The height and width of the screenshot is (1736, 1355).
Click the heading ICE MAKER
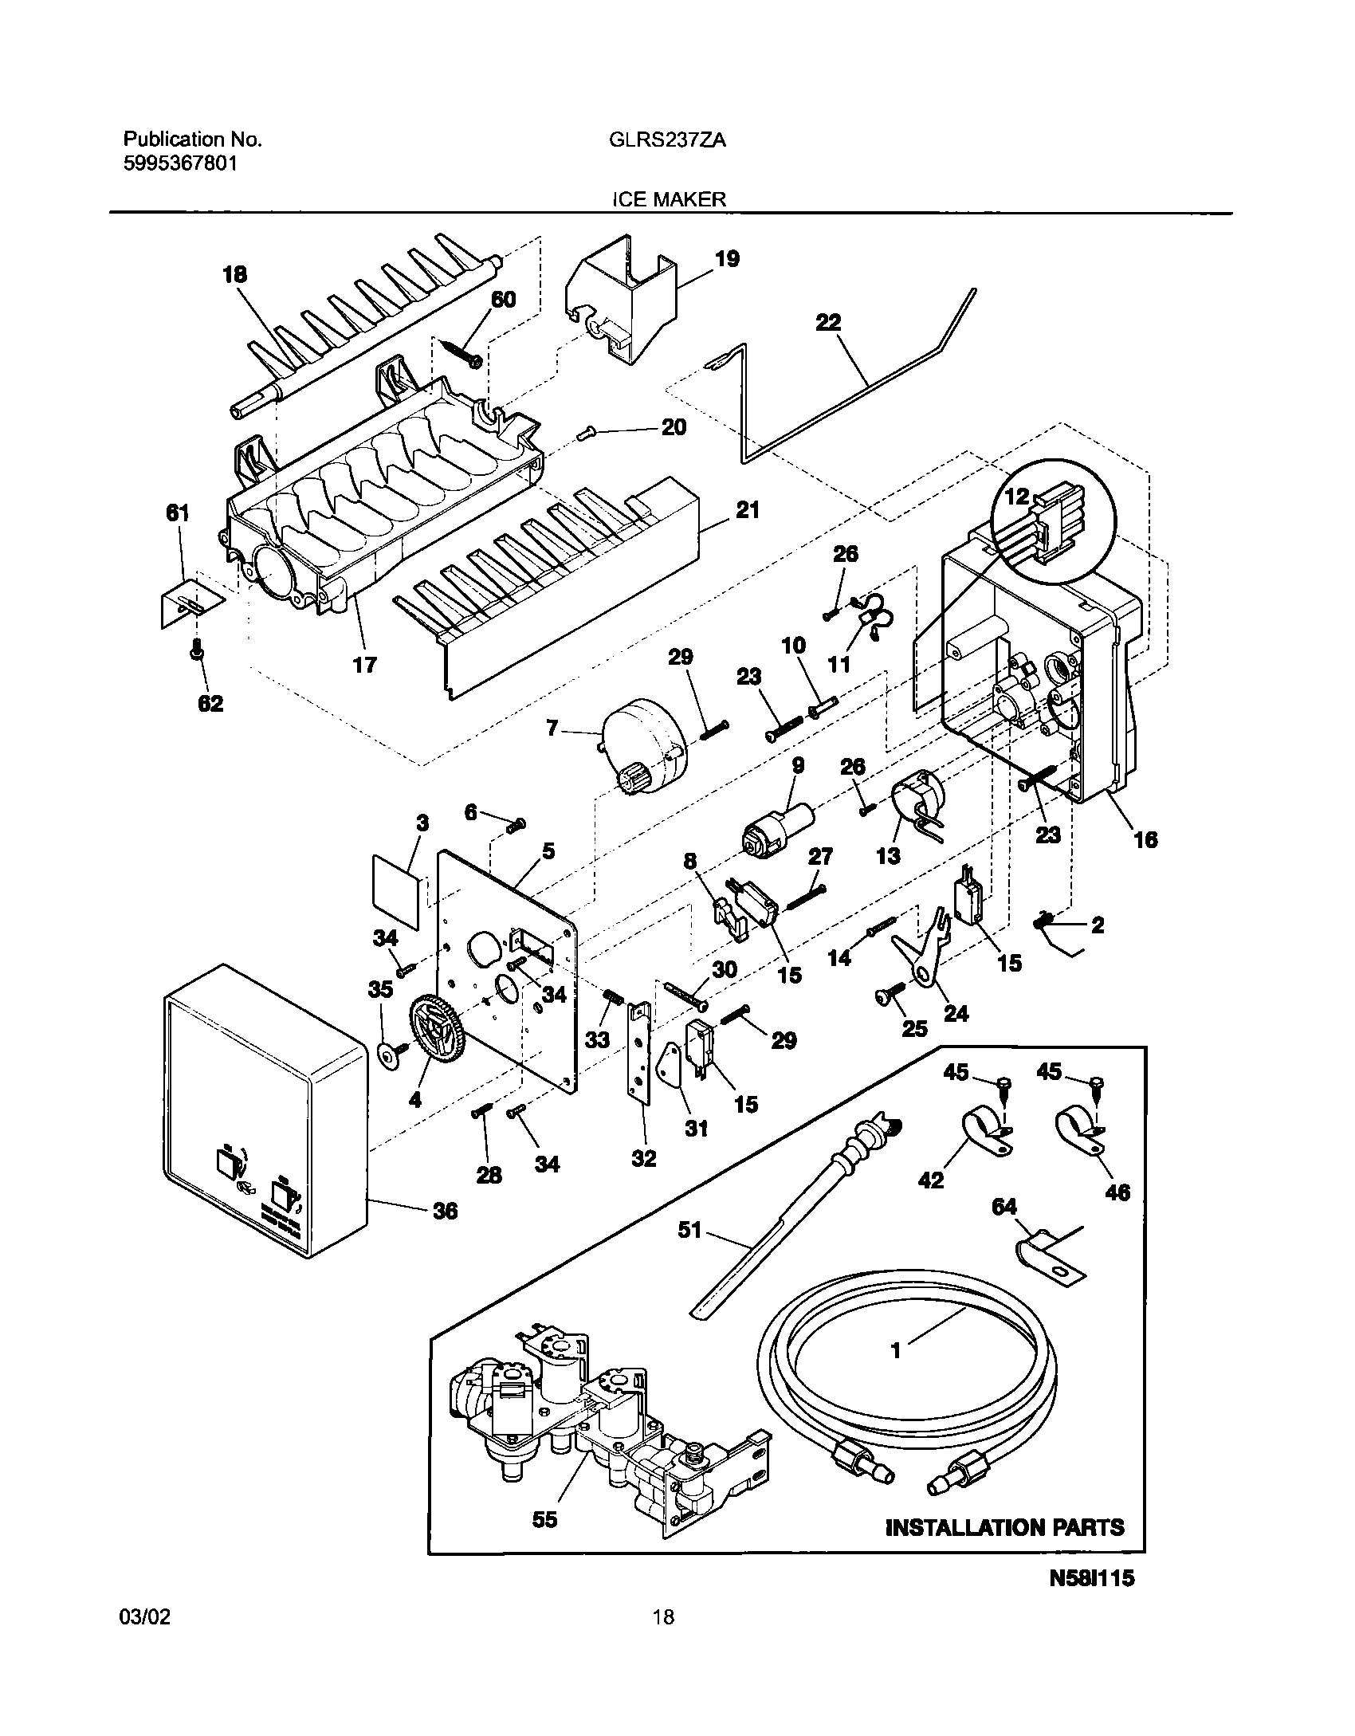pyautogui.click(x=669, y=200)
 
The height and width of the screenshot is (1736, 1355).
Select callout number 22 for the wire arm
pyautogui.click(x=828, y=323)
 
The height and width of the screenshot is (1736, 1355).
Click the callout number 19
pyautogui.click(x=726, y=259)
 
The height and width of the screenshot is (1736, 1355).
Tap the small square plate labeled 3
pyautogui.click(x=396, y=890)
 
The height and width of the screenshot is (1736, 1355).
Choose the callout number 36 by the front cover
pyautogui.click(x=445, y=1212)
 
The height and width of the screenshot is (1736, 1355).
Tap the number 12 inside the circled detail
pyautogui.click(x=1017, y=497)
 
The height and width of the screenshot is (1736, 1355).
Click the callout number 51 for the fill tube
pyautogui.click(x=689, y=1231)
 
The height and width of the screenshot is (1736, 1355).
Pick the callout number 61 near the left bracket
pyautogui.click(x=177, y=513)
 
